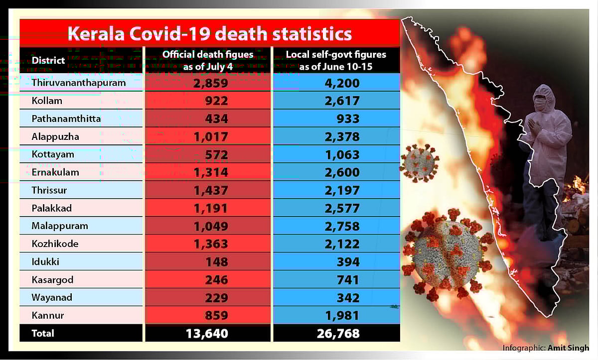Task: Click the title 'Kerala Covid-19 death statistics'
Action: coord(209,34)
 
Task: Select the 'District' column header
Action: coord(48,60)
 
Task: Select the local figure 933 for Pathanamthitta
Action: coord(347,119)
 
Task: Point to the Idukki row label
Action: coord(45,262)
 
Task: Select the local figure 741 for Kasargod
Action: coord(347,280)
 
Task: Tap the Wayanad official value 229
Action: coord(216,298)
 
